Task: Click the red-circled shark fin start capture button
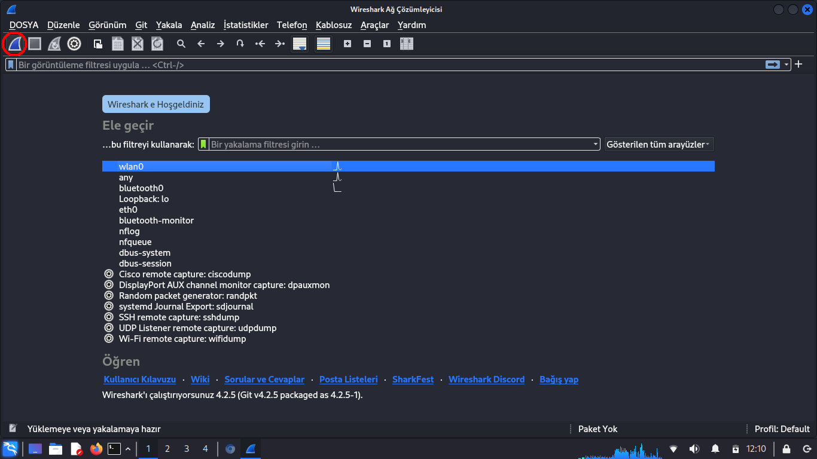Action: [x=14, y=44]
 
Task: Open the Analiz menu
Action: [x=202, y=25]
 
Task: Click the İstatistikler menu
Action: [x=246, y=25]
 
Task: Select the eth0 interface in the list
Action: [x=128, y=210]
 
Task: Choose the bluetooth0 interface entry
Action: [x=141, y=188]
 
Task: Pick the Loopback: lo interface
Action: [x=144, y=199]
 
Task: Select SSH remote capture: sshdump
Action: [x=179, y=317]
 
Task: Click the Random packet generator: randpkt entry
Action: [x=188, y=296]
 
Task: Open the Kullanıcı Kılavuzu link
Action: [x=140, y=380]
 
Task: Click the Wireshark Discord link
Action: [x=487, y=380]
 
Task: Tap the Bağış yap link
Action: [x=559, y=380]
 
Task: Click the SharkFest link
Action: [x=413, y=380]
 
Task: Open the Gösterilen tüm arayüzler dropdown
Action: [x=659, y=145]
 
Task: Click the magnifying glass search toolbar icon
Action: [x=181, y=44]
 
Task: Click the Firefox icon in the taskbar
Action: [x=96, y=449]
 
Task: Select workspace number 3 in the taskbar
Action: [x=187, y=449]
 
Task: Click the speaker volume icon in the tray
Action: [x=694, y=449]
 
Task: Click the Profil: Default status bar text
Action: [x=782, y=429]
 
